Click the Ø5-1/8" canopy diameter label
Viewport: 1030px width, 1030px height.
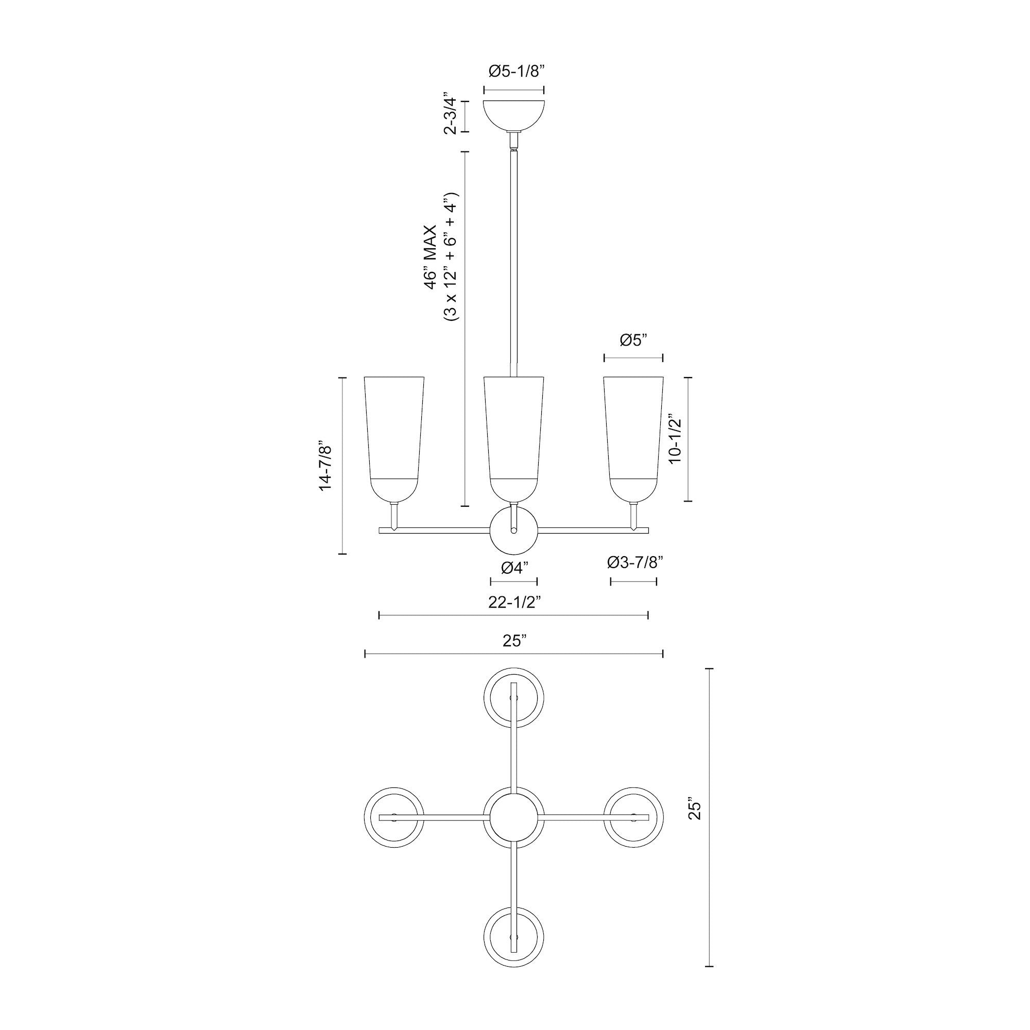tap(514, 72)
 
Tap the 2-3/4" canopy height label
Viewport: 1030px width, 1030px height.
tap(452, 116)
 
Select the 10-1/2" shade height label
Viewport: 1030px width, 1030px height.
tap(676, 439)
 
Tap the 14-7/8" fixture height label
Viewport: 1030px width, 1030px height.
tap(327, 465)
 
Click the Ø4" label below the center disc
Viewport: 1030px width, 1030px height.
tap(514, 568)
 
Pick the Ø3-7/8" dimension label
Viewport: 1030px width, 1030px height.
tap(634, 562)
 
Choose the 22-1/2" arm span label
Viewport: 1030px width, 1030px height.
tap(514, 602)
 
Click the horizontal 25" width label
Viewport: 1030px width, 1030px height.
tap(514, 641)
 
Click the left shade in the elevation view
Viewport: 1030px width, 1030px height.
tap(394, 437)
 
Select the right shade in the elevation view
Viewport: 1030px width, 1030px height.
tap(633, 437)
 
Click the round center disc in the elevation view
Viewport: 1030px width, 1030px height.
tap(514, 530)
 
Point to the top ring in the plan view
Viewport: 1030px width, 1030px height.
tap(514, 697)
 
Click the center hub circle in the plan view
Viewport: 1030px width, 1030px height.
tap(514, 817)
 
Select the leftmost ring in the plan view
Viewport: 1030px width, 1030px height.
tap(394, 817)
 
